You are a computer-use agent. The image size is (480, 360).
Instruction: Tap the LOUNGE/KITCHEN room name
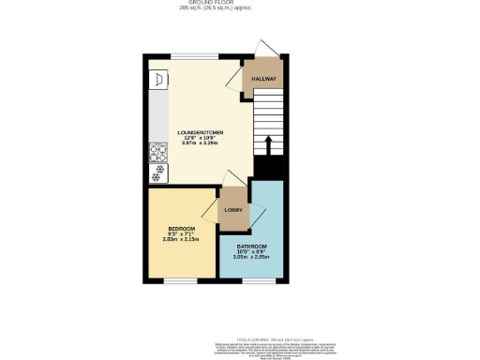(200, 133)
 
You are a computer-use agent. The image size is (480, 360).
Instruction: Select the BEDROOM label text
(181, 230)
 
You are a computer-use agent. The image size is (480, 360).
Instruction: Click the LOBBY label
(232, 209)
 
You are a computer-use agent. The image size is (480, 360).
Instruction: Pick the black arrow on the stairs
(269, 145)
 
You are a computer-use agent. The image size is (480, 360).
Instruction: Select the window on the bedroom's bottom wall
(181, 279)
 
